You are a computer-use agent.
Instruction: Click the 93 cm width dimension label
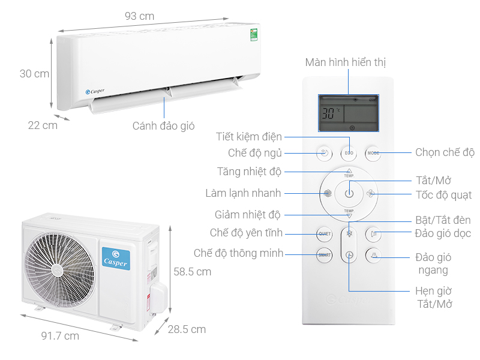139,16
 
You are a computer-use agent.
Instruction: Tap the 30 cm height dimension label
34,74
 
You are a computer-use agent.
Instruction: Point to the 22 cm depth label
43,125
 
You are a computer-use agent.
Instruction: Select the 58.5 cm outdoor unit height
192,271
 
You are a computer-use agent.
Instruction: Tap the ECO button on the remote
349,153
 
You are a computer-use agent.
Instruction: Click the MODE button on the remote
373,153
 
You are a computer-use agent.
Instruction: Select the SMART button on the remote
325,255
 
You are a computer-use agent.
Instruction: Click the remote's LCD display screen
349,114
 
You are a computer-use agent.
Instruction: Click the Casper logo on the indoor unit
95,92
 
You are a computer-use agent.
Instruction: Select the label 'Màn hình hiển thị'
345,62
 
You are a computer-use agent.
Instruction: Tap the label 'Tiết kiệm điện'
249,137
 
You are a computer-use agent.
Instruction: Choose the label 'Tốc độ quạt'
443,195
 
